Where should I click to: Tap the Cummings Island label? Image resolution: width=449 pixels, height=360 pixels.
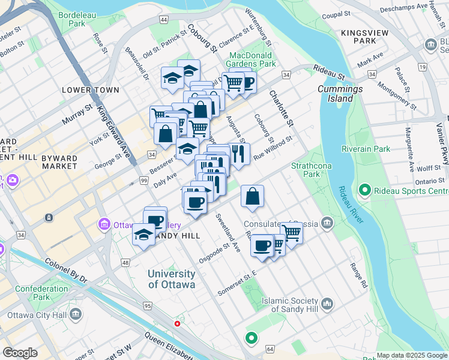coord(340,94)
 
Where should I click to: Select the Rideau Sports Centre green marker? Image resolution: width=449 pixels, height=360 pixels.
coord(364,191)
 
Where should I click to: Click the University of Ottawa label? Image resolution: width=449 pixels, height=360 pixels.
coord(172,279)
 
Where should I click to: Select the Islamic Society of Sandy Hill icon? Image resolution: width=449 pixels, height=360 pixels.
coord(327,304)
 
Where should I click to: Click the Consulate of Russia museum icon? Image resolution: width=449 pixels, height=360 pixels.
coord(327,224)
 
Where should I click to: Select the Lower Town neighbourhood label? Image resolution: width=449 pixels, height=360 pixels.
coord(91,90)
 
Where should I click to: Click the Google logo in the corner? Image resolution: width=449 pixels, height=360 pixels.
coord(20,353)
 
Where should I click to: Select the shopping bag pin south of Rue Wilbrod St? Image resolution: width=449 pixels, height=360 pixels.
coord(253,196)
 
